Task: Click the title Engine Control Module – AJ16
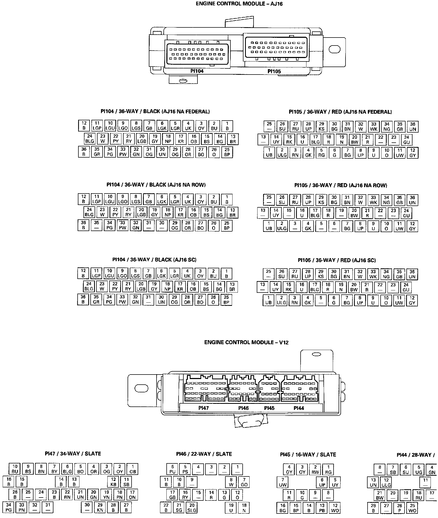237,4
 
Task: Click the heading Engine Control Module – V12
246,342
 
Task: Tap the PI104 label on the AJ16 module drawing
197,71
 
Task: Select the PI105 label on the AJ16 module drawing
274,71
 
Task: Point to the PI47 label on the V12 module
204,408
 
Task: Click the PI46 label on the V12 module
243,408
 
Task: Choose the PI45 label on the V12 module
269,408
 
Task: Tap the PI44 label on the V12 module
299,408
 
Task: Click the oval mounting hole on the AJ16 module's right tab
334,49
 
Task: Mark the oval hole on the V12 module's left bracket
141,388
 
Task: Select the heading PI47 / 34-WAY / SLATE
73,454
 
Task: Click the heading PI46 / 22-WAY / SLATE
204,454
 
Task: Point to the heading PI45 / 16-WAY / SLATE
308,454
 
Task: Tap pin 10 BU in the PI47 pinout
15,469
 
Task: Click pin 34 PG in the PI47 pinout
9,508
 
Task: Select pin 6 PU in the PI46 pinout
172,469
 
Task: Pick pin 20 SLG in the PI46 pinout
192,508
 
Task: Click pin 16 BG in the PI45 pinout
283,508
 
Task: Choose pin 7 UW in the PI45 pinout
283,482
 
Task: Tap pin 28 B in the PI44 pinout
373,508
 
